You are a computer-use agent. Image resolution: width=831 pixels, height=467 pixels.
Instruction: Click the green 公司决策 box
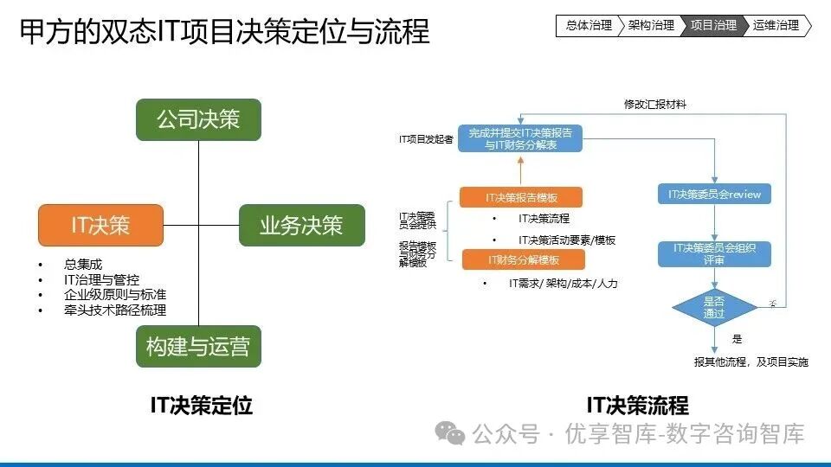(x=198, y=119)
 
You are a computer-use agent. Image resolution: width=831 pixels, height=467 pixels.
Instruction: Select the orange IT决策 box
(x=100, y=225)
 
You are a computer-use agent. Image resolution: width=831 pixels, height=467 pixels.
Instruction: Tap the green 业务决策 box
(x=301, y=225)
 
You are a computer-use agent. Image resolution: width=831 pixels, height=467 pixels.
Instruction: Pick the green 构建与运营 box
(x=198, y=347)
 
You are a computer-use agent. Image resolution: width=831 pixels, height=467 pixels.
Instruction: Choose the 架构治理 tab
(x=650, y=26)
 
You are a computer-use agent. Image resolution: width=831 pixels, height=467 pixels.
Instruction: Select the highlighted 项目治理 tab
(x=713, y=26)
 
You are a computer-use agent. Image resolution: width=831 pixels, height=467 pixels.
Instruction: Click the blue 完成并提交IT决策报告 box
(x=520, y=138)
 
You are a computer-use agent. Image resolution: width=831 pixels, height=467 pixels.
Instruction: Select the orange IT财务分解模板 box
(x=523, y=259)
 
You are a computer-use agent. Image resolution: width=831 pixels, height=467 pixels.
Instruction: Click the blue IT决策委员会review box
(x=714, y=195)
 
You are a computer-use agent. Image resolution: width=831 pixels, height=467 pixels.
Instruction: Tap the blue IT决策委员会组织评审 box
(x=714, y=253)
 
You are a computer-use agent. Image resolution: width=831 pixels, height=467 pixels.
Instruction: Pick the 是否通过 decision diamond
(x=714, y=307)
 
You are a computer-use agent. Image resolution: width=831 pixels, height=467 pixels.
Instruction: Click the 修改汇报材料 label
(x=655, y=104)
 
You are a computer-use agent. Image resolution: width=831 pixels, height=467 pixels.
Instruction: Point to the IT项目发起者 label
(x=425, y=138)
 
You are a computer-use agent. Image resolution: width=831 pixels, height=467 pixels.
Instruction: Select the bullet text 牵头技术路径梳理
(x=115, y=310)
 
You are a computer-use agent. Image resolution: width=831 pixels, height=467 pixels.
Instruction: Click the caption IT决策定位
(x=202, y=405)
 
